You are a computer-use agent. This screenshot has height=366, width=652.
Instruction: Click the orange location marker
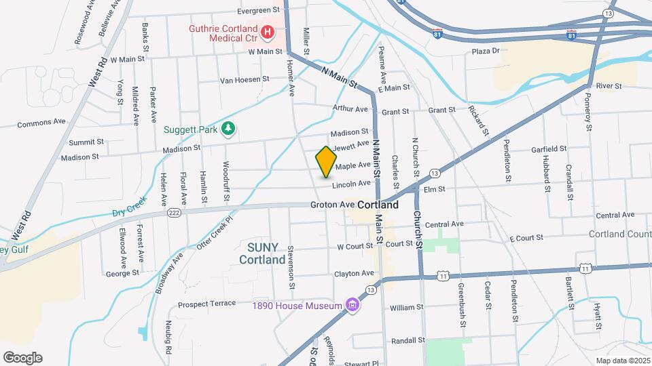pyautogui.click(x=326, y=161)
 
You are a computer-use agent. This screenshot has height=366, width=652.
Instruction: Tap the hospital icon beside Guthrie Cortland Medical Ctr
pyautogui.click(x=267, y=31)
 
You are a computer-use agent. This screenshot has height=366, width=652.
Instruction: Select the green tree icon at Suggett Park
pyautogui.click(x=229, y=129)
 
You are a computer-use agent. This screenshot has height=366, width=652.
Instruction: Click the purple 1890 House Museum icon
pyautogui.click(x=352, y=306)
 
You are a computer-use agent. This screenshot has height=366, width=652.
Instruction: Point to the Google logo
pyautogui.click(x=22, y=358)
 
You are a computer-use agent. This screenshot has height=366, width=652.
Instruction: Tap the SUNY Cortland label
pyautogui.click(x=262, y=253)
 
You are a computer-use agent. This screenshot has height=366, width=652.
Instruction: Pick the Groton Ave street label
pyautogui.click(x=332, y=204)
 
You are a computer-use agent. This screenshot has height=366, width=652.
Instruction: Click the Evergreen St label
pyautogui.click(x=258, y=10)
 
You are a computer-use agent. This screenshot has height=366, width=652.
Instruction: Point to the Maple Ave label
pyautogui.click(x=352, y=165)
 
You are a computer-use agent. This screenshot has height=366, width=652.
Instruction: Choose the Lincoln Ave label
pyautogui.click(x=351, y=184)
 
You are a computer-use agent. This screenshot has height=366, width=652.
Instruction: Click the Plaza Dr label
pyautogui.click(x=486, y=51)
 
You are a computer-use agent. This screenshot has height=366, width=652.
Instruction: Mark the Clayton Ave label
pyautogui.click(x=354, y=273)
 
